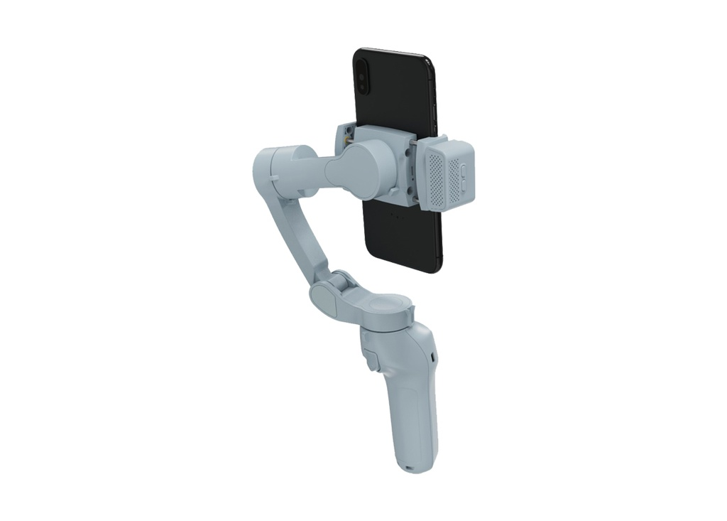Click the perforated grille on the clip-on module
click(435, 177)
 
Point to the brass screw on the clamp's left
click(347, 143)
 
